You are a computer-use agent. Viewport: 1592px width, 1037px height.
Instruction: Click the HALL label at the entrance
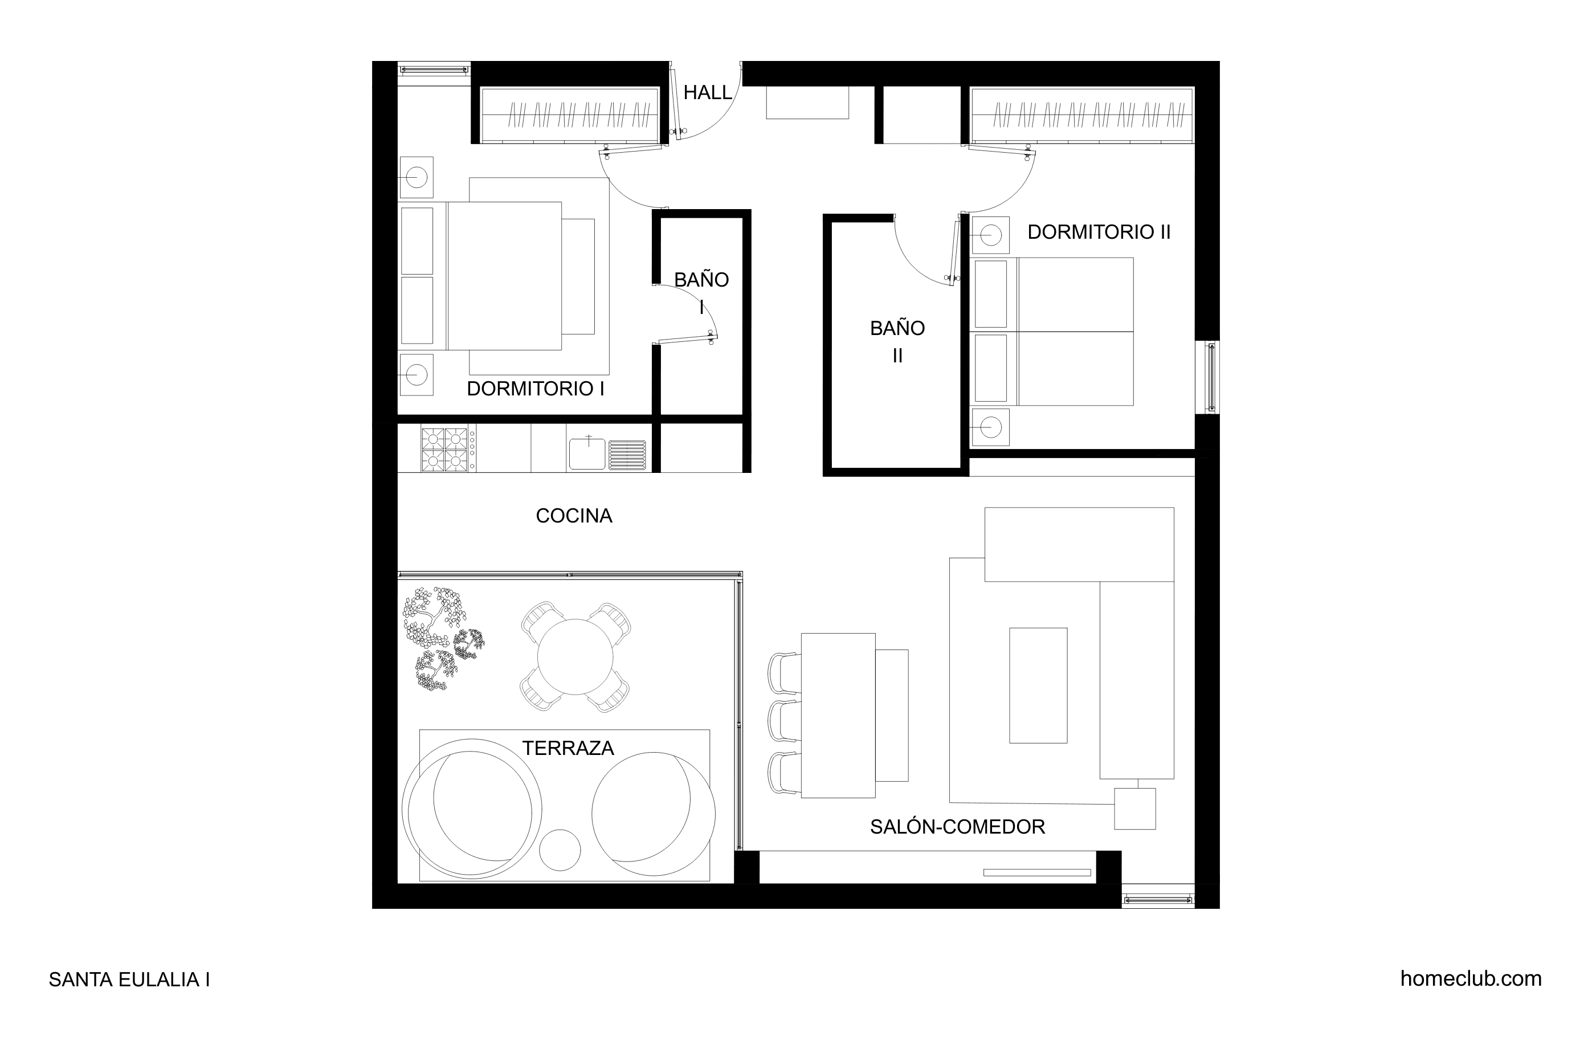point(707,92)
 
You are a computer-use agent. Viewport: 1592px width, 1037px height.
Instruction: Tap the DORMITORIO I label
point(535,389)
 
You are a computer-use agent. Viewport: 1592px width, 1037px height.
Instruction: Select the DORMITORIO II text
point(1099,231)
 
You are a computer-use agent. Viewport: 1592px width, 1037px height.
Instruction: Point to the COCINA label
point(574,516)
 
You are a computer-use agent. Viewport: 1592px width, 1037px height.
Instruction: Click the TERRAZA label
point(568,748)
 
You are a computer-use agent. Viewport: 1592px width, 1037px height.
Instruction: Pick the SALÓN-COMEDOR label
point(957,827)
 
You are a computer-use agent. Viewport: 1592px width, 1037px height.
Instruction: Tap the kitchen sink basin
point(587,453)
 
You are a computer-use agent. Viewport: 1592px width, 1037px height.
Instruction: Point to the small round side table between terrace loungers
point(560,850)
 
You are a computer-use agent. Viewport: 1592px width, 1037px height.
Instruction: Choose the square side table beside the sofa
point(1134,809)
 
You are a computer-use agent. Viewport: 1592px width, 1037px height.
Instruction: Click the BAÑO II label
point(897,342)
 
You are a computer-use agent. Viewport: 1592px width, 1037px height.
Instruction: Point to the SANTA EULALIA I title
point(129,979)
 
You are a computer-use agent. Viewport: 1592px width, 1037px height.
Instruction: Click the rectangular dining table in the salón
point(838,715)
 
